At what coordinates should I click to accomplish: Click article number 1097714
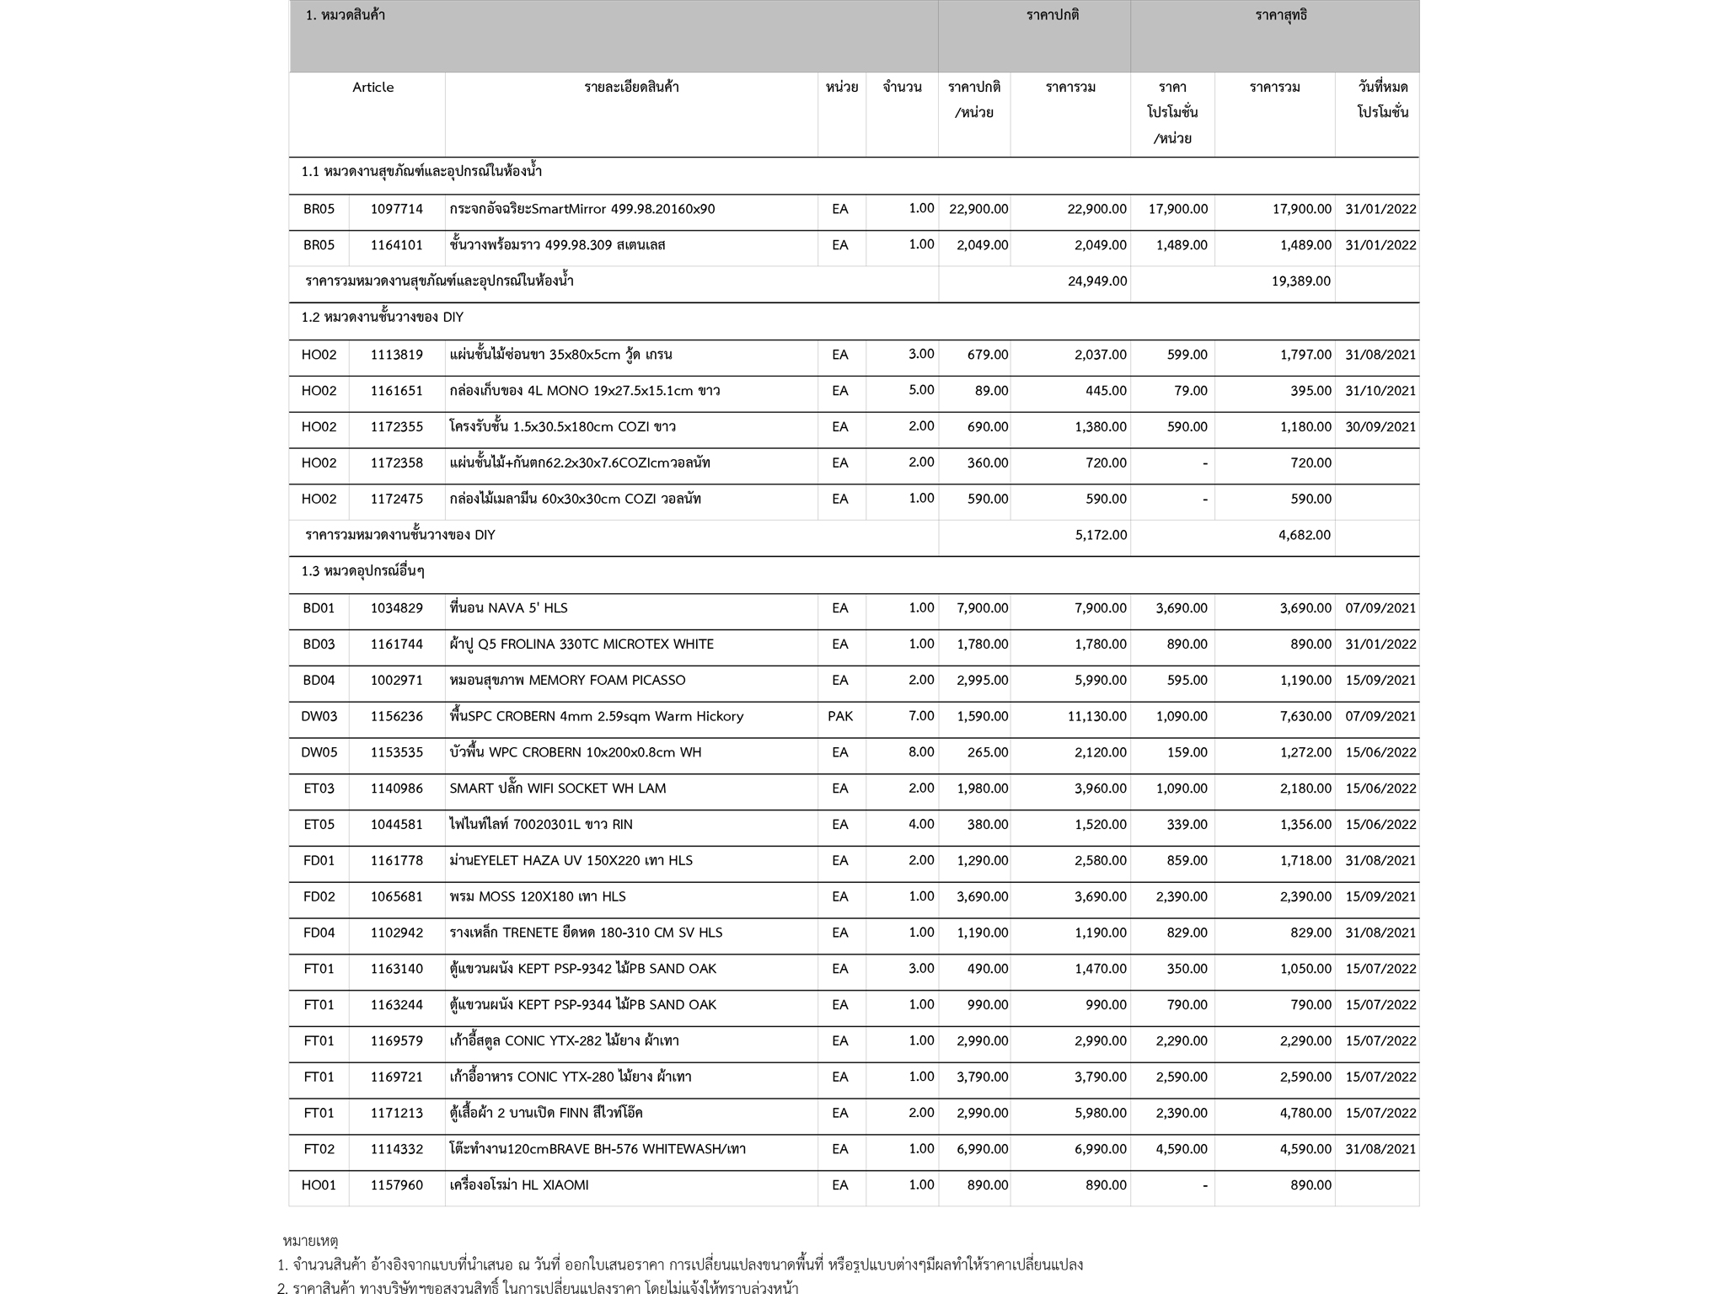click(x=396, y=209)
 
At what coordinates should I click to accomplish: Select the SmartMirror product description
click(x=582, y=209)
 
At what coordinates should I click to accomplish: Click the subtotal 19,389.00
click(x=1300, y=281)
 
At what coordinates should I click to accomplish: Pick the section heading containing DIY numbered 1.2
click(x=382, y=318)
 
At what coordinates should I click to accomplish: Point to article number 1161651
click(x=396, y=391)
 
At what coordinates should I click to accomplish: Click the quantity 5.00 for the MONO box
click(x=920, y=390)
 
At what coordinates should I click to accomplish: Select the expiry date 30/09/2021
click(x=1380, y=426)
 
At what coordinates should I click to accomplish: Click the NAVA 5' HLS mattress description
click(x=508, y=608)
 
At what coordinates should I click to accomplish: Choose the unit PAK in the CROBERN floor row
click(x=839, y=716)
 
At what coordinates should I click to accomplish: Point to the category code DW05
click(x=319, y=752)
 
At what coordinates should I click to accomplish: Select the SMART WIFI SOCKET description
click(x=557, y=789)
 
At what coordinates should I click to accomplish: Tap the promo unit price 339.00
click(x=1187, y=825)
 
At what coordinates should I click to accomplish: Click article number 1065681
click(x=396, y=896)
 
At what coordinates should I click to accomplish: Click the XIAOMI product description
click(x=518, y=1185)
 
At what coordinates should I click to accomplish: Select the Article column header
click(x=373, y=88)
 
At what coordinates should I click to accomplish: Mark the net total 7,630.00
click(x=1305, y=716)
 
